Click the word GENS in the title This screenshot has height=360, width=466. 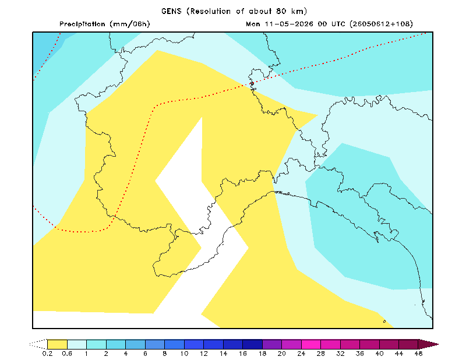click(171, 11)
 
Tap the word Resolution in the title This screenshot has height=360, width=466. click(210, 11)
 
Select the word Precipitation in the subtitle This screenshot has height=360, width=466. click(82, 24)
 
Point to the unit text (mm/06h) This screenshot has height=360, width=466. click(129, 24)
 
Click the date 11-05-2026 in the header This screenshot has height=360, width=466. click(289, 24)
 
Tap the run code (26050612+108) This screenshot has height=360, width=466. click(382, 24)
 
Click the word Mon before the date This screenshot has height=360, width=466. click(253, 24)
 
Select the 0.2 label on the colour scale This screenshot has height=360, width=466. click(47, 354)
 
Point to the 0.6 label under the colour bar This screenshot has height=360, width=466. click(67, 354)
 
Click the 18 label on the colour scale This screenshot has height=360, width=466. click(262, 354)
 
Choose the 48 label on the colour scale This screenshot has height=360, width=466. click(418, 354)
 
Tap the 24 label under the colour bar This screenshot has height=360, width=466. click(301, 354)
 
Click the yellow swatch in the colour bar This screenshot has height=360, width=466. click(57, 344)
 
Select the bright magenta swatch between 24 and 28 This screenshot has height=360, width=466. click(311, 344)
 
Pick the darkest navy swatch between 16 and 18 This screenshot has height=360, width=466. click(252, 344)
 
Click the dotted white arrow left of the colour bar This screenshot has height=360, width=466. click(38, 344)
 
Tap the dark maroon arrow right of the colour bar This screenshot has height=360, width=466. click(428, 344)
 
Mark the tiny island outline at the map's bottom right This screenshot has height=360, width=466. click(384, 322)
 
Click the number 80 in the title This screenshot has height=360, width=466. click(281, 11)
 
